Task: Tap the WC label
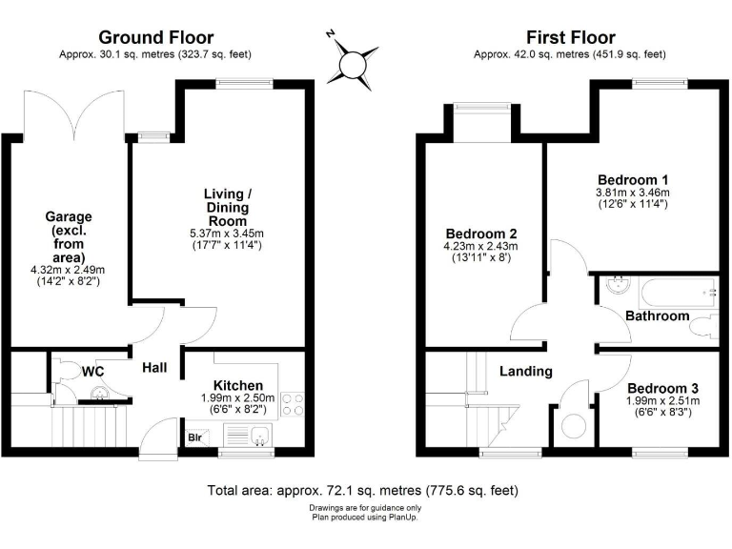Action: [x=92, y=371]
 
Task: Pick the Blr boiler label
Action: [x=195, y=439]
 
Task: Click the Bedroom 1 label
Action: [x=633, y=180]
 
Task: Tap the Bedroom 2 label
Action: [x=481, y=234]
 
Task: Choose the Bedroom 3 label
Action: [x=662, y=389]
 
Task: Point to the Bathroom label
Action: [x=657, y=315]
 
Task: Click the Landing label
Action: [x=526, y=371]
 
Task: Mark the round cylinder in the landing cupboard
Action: [x=575, y=427]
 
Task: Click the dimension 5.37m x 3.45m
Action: [x=226, y=234]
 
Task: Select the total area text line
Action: [x=362, y=492]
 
